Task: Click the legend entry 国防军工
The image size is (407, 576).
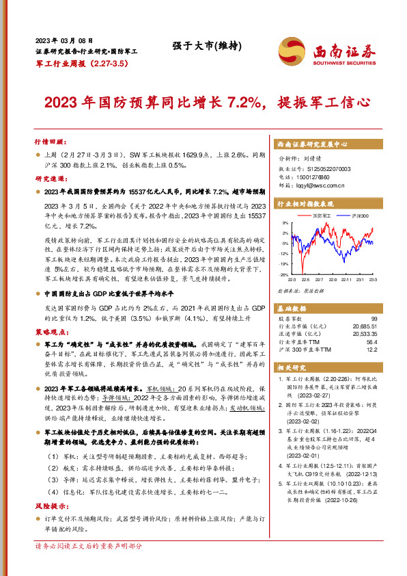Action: click(x=322, y=215)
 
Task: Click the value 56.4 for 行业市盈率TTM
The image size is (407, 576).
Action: click(x=371, y=341)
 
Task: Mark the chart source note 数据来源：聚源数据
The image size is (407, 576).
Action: click(x=301, y=289)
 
